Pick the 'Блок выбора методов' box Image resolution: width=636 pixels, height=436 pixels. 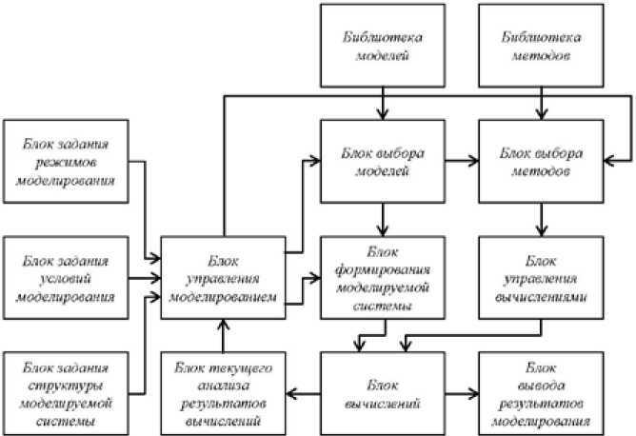click(541, 161)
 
